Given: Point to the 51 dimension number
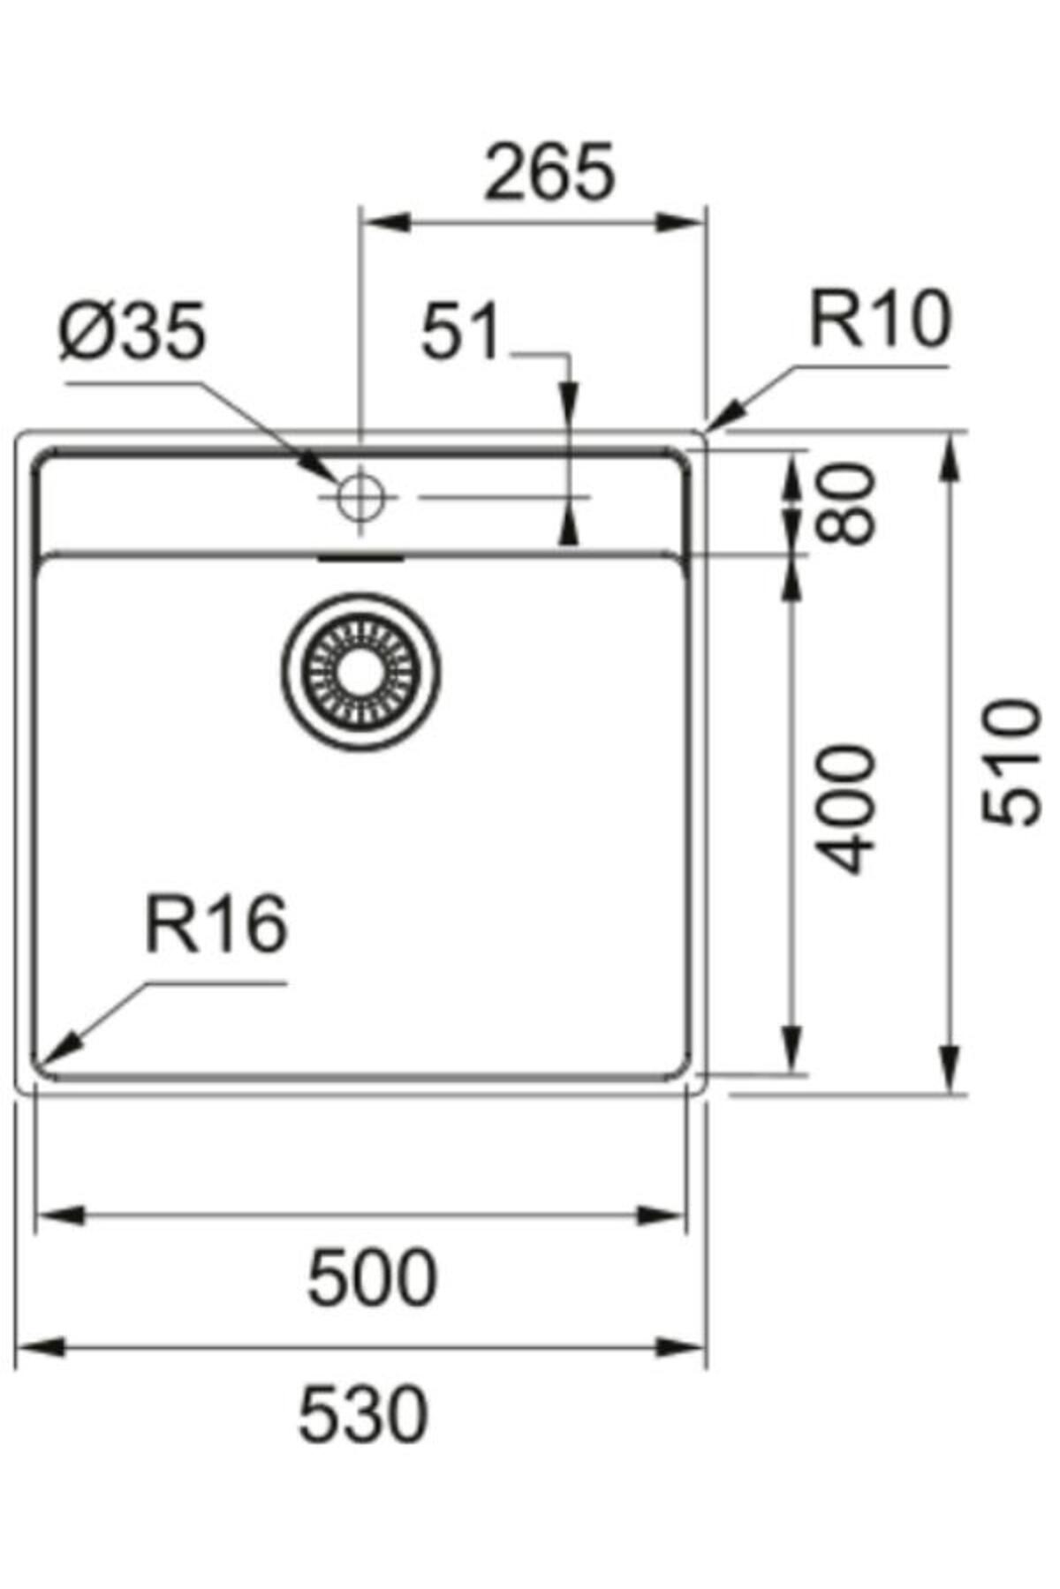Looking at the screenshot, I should [460, 333].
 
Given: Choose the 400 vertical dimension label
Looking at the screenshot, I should [845, 809].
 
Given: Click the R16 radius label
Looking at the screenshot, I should [216, 923].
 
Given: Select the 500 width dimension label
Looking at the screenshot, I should [372, 1277].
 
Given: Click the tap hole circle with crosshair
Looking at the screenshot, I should [360, 497].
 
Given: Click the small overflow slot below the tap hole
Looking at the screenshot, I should [360, 559].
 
